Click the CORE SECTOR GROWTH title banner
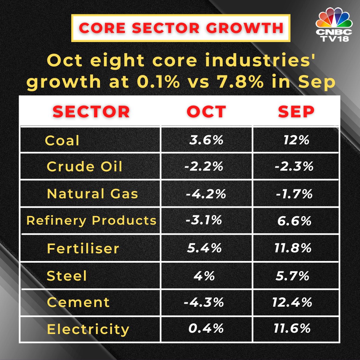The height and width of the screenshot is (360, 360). coord(181,28)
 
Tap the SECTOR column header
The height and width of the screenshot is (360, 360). coord(91,112)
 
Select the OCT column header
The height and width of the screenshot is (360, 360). coord(206,112)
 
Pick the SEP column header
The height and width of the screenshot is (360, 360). coord(296,112)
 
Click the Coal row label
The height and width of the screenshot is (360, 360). coord(62,140)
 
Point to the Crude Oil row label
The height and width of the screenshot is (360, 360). coord(84,166)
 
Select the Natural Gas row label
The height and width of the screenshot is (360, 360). coord(92,194)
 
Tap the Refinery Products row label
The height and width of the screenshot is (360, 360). coord(91,220)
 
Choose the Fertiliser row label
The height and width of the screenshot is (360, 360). coord(83,248)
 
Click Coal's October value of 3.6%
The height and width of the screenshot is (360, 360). coord(206,140)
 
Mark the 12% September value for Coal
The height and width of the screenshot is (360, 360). coord(296,140)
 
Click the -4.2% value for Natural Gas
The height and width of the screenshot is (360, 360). coord(206,194)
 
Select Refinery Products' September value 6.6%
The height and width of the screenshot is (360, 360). coord(295,220)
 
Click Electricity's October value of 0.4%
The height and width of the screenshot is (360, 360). coord(206,329)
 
